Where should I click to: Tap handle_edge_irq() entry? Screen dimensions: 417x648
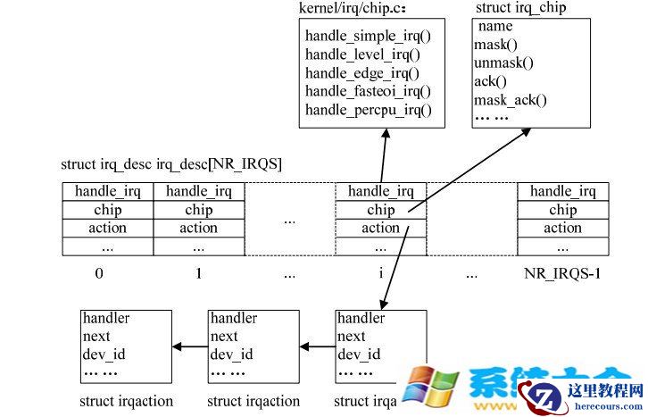point(361,73)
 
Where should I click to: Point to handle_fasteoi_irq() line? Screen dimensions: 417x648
point(368,91)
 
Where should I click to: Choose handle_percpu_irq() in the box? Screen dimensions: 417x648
point(368,110)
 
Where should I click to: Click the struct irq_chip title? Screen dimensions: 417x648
point(520,8)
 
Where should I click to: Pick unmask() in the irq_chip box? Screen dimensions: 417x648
point(503,63)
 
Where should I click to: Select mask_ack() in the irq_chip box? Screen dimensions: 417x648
point(510,100)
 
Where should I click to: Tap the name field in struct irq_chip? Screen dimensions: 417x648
point(495,27)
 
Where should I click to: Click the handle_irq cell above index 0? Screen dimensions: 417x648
point(107,191)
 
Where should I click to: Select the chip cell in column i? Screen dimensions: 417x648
point(380,211)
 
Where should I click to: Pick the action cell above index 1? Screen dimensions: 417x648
point(198,229)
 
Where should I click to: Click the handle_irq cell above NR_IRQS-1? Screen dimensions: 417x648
point(562,191)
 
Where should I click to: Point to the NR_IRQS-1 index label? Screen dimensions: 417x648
point(562,273)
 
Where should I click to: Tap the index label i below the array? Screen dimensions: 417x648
point(381,273)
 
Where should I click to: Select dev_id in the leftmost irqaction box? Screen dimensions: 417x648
point(100,354)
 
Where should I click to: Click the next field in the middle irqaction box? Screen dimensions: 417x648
point(224,337)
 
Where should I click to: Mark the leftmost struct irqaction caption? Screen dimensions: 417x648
point(126,402)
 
